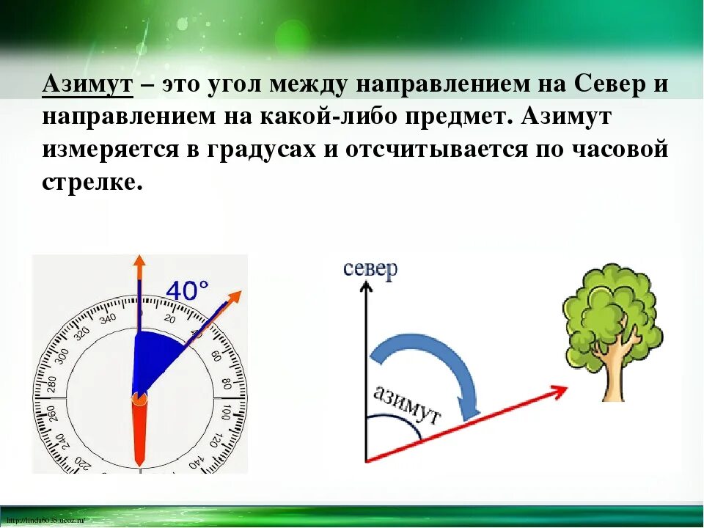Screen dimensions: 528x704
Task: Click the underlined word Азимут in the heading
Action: pyautogui.click(x=87, y=83)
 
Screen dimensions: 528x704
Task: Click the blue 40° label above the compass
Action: pyautogui.click(x=188, y=291)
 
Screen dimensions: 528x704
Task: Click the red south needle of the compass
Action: pyautogui.click(x=139, y=433)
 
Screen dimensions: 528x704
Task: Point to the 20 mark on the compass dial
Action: pyautogui.click(x=170, y=318)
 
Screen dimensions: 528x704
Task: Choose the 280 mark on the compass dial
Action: pyautogui.click(x=52, y=384)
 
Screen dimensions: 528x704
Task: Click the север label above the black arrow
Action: pyautogui.click(x=370, y=268)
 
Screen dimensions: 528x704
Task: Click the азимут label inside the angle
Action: pyautogui.click(x=407, y=406)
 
